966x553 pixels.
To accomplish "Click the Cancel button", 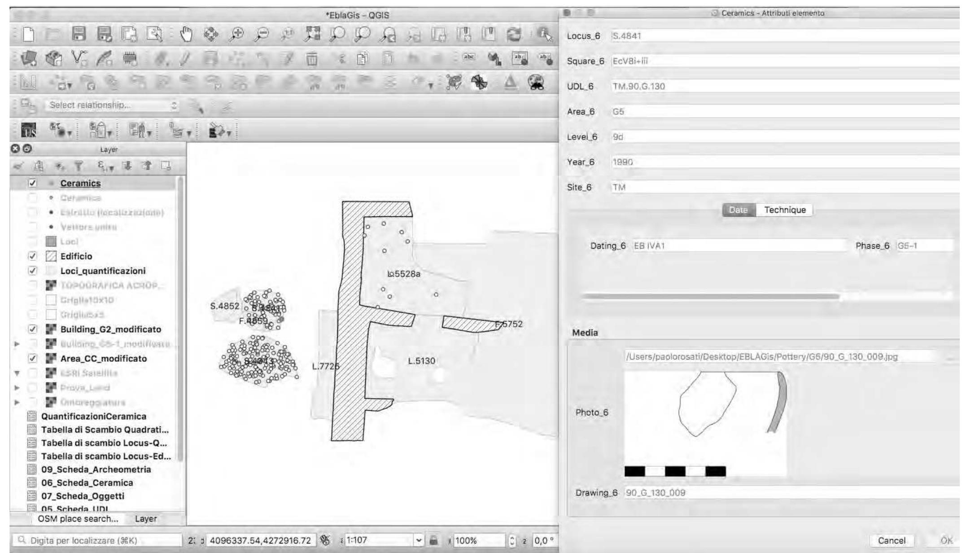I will click(x=891, y=540).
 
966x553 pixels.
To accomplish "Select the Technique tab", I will click(x=785, y=210).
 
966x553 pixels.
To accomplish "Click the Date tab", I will click(x=738, y=210).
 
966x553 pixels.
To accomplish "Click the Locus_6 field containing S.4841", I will click(x=785, y=36).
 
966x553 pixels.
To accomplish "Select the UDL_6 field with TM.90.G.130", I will click(x=785, y=86).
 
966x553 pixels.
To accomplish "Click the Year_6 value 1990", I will click(x=785, y=162).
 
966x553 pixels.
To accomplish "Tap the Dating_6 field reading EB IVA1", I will click(x=739, y=246).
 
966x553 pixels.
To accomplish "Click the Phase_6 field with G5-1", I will click(x=923, y=246).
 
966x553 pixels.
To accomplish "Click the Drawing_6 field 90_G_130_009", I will click(x=785, y=492).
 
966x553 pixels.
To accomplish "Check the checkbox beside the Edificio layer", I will click(x=32, y=256).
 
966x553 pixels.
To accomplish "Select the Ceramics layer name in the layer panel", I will click(x=80, y=183).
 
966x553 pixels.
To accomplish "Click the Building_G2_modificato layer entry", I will click(x=110, y=329).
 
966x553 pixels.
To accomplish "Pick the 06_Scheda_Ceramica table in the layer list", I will click(x=87, y=483).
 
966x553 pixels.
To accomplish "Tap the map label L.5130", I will click(x=421, y=361).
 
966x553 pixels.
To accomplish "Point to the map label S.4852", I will click(x=224, y=306).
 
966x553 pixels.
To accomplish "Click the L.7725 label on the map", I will click(x=325, y=366).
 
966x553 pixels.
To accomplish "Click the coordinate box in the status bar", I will click(x=260, y=540).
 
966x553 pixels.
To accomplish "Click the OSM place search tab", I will click(x=78, y=518).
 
